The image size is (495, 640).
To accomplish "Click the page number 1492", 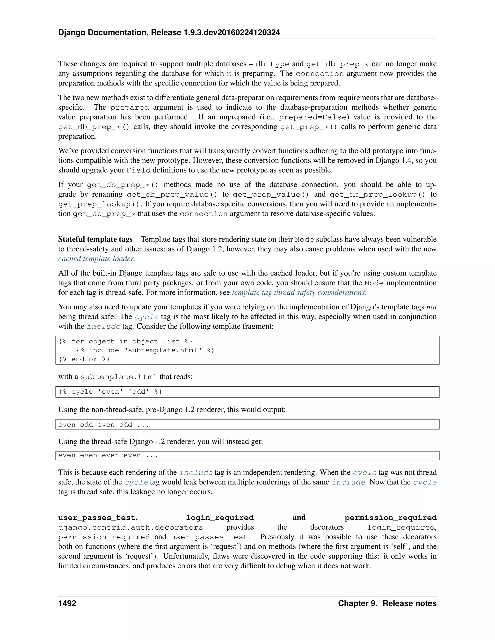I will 67,603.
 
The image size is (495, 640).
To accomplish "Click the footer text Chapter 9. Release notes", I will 387,603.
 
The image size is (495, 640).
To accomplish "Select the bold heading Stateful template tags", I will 95,239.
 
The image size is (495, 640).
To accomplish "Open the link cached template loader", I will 96,259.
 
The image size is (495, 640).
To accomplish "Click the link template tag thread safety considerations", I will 298,292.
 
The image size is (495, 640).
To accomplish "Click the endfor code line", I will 84,359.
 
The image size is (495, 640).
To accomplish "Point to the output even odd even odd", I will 103,425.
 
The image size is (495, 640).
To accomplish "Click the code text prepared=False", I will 313,117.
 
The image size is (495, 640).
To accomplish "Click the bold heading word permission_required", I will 390,518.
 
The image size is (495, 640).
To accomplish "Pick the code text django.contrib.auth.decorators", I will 131,527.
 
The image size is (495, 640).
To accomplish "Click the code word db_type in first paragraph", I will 272,64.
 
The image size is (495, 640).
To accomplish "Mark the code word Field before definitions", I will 138,170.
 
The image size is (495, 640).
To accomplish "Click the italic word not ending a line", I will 431,307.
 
